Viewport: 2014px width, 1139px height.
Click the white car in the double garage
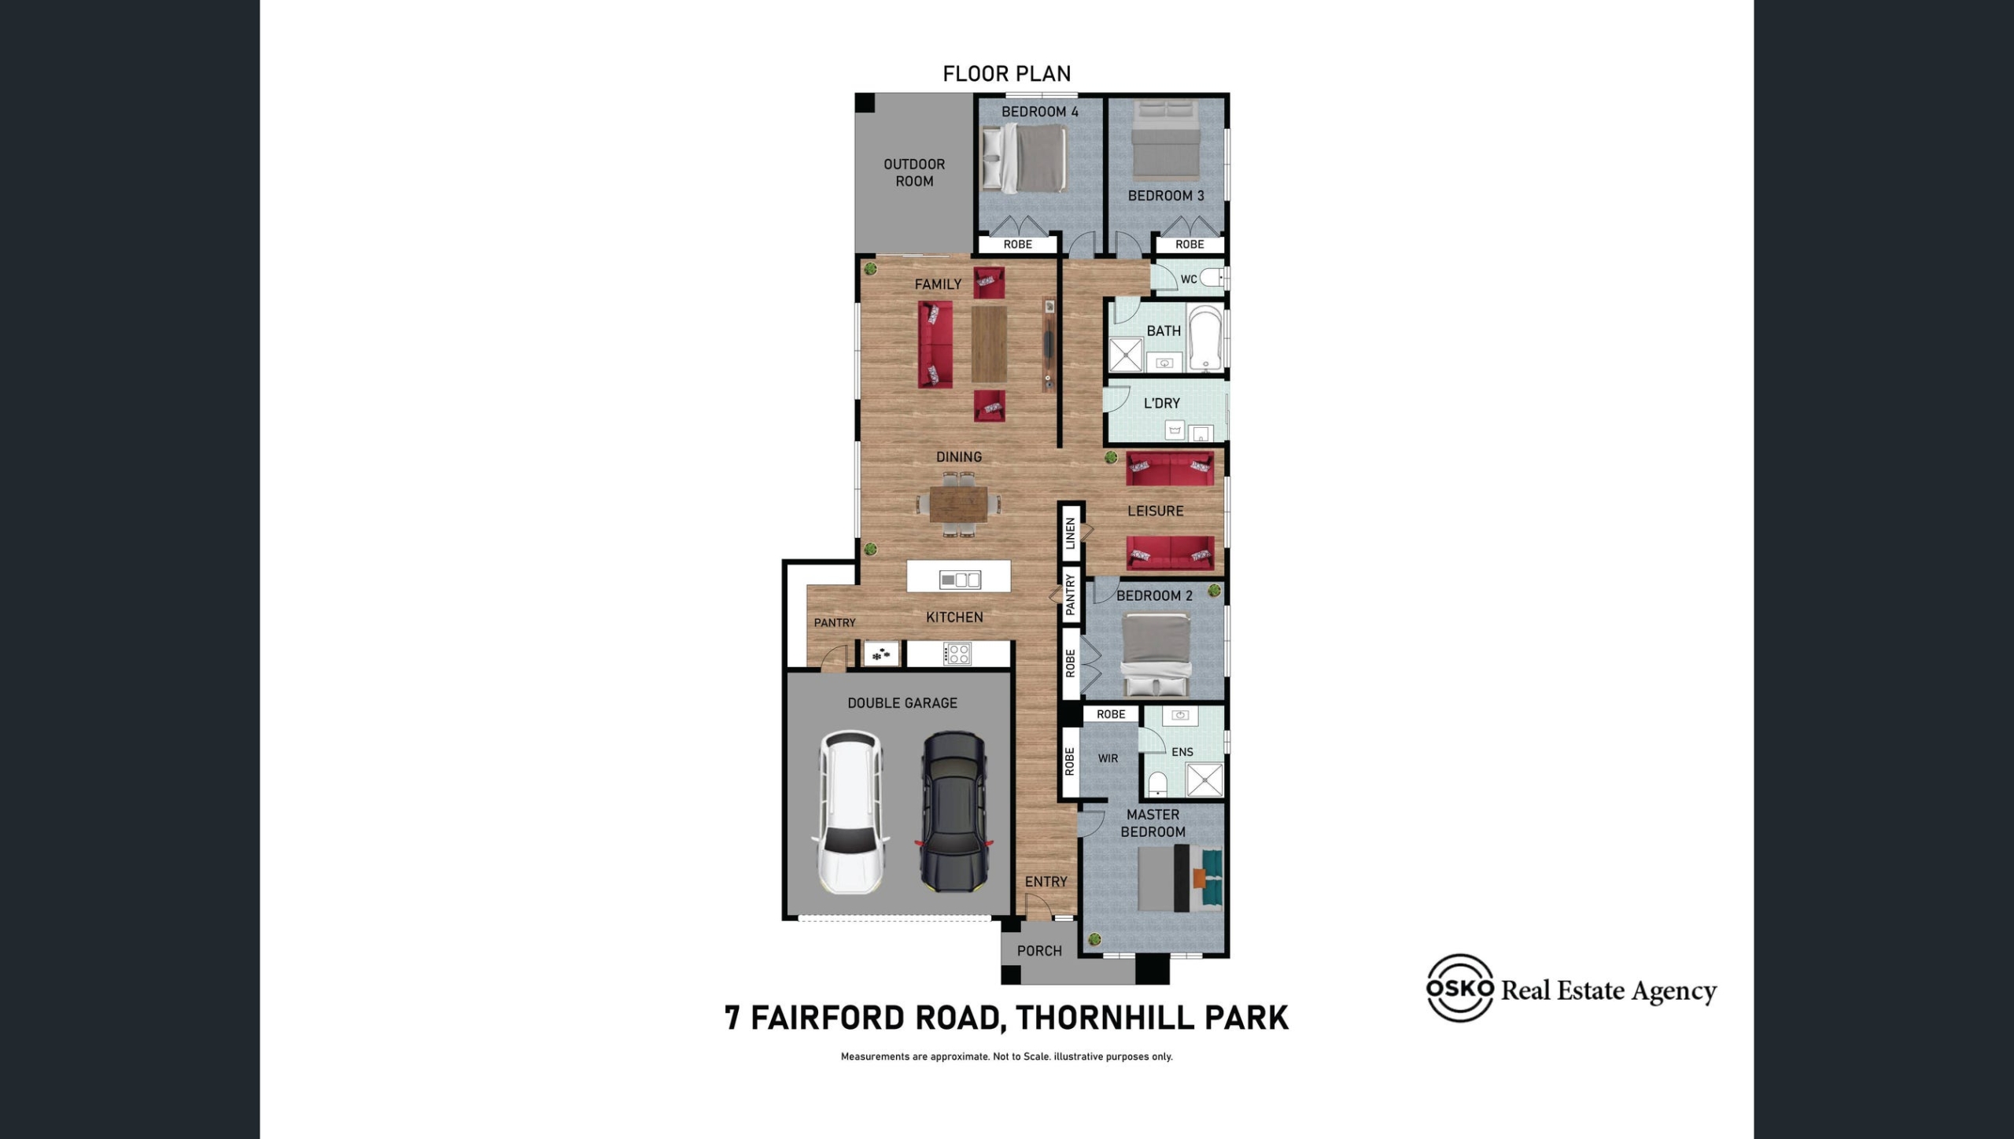coord(850,813)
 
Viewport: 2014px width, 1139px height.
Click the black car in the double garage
coord(954,813)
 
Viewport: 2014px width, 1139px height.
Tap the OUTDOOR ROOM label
coord(914,172)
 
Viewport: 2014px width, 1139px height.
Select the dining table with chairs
coord(958,504)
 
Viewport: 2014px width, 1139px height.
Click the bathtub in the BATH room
coord(1204,337)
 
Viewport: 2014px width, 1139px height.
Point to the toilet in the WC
coord(1212,277)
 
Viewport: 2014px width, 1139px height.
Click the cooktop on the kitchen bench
coord(957,654)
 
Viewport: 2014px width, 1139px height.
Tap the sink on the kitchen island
coord(960,580)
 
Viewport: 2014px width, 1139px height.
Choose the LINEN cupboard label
coord(1070,534)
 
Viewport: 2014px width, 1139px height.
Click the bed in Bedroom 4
coord(1024,158)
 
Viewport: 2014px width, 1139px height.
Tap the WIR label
coord(1108,758)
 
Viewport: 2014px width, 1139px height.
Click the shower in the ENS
coord(1204,780)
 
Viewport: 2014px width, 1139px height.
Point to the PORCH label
coord(1039,951)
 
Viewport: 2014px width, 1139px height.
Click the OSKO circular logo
coord(1460,988)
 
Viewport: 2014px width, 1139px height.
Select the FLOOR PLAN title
coord(1007,74)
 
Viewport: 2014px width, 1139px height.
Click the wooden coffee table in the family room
coord(989,344)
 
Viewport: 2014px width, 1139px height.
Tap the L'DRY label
coord(1162,404)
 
